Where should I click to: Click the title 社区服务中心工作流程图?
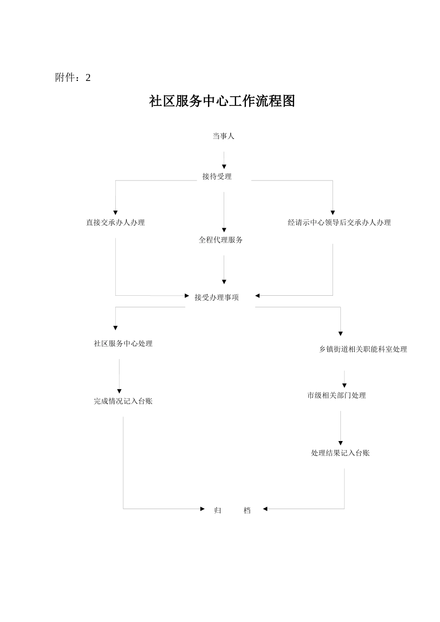222,101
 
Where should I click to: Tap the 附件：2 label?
73,78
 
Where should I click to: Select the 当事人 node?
223,136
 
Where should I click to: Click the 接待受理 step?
217,176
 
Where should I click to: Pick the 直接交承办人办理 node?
115,223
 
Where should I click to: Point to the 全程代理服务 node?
220,240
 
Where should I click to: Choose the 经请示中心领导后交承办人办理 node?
339,223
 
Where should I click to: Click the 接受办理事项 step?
217,298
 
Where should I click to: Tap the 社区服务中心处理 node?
123,343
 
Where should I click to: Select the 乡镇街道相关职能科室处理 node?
363,349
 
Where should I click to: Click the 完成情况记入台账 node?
123,401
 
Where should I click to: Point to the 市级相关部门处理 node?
336,395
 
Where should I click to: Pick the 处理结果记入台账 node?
340,453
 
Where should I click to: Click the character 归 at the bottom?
218,510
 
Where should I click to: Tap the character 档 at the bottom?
247,510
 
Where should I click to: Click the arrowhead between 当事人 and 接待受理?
224,167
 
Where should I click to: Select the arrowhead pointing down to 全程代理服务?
224,230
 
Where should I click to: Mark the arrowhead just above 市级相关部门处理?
344,386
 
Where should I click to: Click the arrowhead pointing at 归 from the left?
202,509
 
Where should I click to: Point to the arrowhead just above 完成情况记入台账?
119,392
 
